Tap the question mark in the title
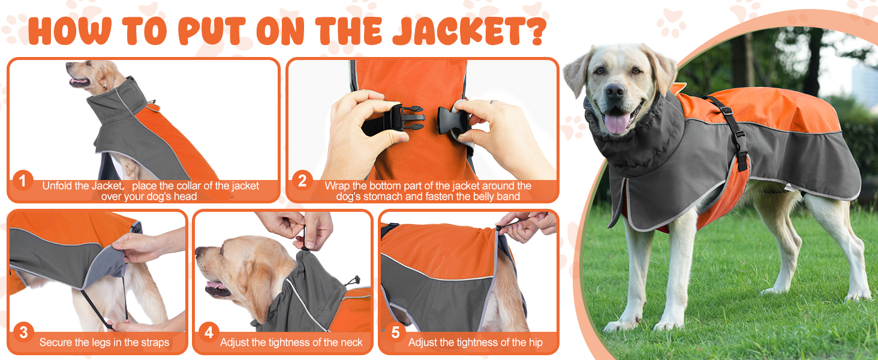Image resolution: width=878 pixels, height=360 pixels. (536, 31)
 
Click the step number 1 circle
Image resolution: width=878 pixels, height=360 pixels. (23, 181)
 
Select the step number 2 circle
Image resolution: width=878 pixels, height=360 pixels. (302, 181)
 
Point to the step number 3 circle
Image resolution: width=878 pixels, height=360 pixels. (23, 332)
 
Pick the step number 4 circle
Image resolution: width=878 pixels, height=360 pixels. (209, 332)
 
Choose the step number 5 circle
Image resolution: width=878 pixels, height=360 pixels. (395, 332)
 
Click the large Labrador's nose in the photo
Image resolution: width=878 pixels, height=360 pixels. (614, 91)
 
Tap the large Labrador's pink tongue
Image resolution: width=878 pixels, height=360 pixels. (617, 122)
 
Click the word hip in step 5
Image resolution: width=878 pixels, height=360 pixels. (536, 343)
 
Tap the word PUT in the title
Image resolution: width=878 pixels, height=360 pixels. (212, 31)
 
